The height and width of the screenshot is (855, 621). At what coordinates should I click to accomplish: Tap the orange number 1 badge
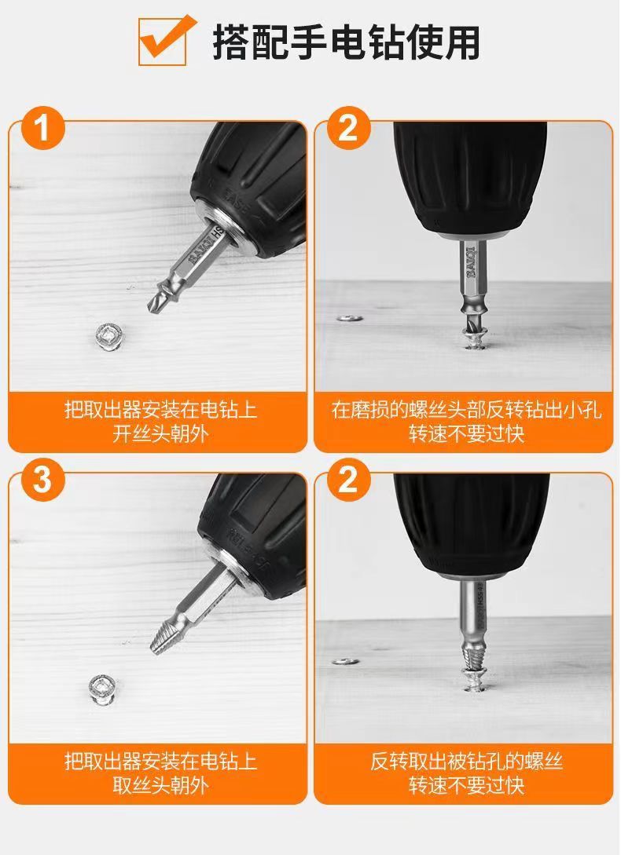pyautogui.click(x=43, y=128)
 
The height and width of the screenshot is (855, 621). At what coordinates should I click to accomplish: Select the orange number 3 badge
pyautogui.click(x=43, y=480)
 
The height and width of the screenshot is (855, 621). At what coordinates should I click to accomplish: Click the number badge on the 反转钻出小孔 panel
pyautogui.click(x=348, y=128)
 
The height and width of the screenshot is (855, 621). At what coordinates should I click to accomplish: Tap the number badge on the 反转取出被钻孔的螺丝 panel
pyautogui.click(x=348, y=480)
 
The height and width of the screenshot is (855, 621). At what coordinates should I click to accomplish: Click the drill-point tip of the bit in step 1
pyautogui.click(x=149, y=309)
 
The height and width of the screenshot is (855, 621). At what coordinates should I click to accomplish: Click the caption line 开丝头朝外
pyautogui.click(x=160, y=434)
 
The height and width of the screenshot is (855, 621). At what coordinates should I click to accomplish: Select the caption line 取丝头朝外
pyautogui.click(x=160, y=785)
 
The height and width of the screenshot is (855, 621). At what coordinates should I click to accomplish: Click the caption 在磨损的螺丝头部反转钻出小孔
pyautogui.click(x=466, y=410)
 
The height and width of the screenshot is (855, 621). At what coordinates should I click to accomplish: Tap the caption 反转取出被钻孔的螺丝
pyautogui.click(x=466, y=761)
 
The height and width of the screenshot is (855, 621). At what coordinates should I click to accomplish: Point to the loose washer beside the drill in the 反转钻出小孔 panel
pyautogui.click(x=347, y=317)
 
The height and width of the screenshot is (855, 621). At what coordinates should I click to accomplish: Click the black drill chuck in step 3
pyautogui.click(x=252, y=524)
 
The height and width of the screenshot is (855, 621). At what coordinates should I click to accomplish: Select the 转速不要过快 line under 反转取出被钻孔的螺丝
pyautogui.click(x=466, y=785)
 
